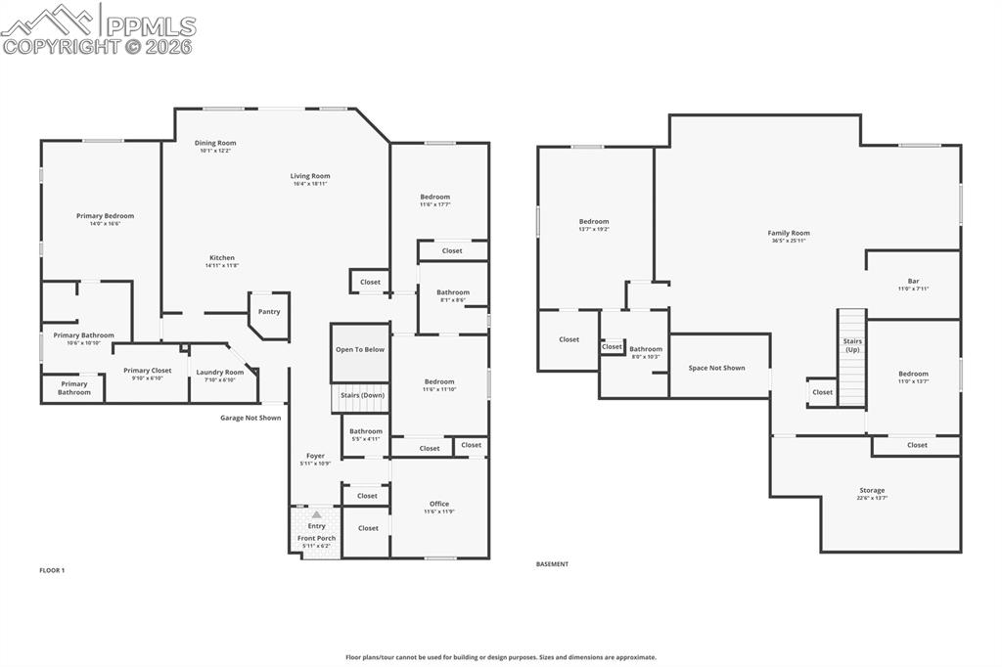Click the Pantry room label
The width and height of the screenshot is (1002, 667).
[x=269, y=312]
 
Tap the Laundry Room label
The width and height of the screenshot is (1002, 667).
[x=220, y=372]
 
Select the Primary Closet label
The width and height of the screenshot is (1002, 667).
[x=147, y=371]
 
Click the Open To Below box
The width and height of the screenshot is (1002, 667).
[x=360, y=349]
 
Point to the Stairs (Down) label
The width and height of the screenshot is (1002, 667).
[x=362, y=395]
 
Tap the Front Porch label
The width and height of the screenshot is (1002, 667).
[x=316, y=538]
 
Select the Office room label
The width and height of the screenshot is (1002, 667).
[x=439, y=504]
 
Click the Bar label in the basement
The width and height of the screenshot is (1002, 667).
[x=913, y=282]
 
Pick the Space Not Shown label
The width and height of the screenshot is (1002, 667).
[x=716, y=368]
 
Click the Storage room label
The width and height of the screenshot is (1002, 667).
[x=872, y=490]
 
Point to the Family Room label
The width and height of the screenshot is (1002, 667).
[x=789, y=233]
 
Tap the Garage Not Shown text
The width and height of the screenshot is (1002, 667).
[x=250, y=418]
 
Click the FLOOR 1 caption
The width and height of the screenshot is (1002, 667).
[x=52, y=570]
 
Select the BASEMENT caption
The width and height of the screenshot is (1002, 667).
[x=552, y=564]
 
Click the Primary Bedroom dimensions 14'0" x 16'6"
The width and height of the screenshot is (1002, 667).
[x=105, y=224]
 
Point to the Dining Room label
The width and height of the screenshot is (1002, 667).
[x=215, y=143]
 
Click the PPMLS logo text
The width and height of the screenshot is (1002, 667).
[x=150, y=25]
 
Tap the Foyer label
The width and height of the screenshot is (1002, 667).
[x=315, y=456]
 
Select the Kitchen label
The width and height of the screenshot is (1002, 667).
[x=222, y=257]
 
